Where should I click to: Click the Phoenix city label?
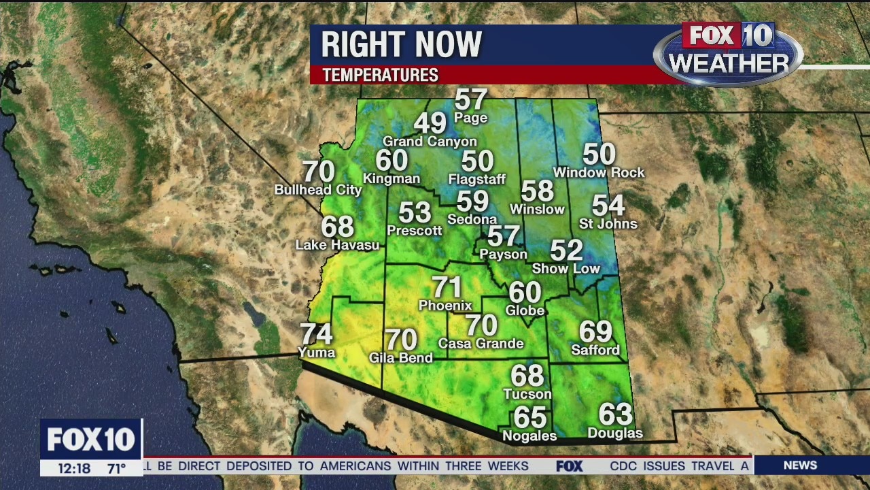(x=445, y=306)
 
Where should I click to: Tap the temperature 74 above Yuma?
(x=316, y=334)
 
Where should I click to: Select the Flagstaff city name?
(x=477, y=180)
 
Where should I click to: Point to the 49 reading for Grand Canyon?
(x=430, y=123)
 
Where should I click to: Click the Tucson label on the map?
(x=527, y=394)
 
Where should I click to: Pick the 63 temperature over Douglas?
(x=615, y=414)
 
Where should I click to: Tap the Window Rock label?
(x=599, y=173)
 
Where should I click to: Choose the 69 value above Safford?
(x=595, y=331)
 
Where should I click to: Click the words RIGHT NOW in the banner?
(x=401, y=45)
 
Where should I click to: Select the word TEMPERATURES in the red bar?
(x=380, y=75)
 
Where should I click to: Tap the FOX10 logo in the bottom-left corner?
(x=91, y=440)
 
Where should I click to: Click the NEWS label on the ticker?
(x=800, y=465)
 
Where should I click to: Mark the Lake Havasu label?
(x=337, y=245)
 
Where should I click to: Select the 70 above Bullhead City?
(x=318, y=171)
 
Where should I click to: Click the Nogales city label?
(x=529, y=436)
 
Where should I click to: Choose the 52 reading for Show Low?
(x=566, y=250)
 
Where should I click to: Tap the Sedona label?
(x=472, y=219)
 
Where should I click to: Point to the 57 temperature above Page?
(x=470, y=99)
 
